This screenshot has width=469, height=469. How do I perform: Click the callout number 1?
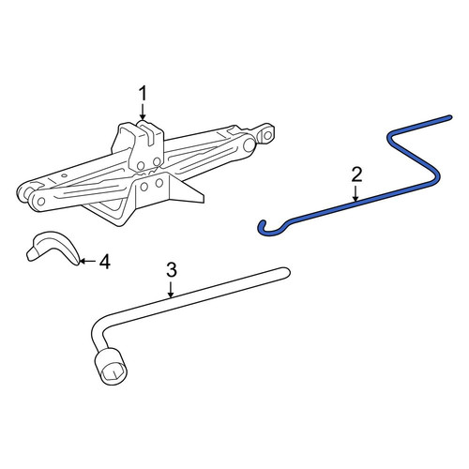[143, 94]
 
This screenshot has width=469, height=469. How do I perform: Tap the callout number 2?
[356, 174]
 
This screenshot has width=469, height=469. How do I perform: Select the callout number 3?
[172, 269]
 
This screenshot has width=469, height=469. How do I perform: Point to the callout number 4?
[105, 262]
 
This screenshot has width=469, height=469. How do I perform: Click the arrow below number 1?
[143, 112]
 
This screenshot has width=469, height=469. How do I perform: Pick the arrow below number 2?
[356, 193]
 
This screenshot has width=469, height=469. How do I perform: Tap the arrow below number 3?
[171, 289]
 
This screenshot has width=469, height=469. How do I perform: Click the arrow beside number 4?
[87, 261]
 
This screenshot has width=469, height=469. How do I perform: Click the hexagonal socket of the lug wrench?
[113, 367]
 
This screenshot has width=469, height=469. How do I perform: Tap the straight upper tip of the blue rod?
[449, 117]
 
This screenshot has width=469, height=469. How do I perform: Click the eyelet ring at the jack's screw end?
[267, 135]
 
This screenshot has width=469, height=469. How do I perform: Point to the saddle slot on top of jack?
[147, 133]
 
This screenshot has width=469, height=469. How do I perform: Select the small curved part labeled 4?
[53, 248]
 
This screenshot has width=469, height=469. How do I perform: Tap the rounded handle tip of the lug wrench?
[286, 272]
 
